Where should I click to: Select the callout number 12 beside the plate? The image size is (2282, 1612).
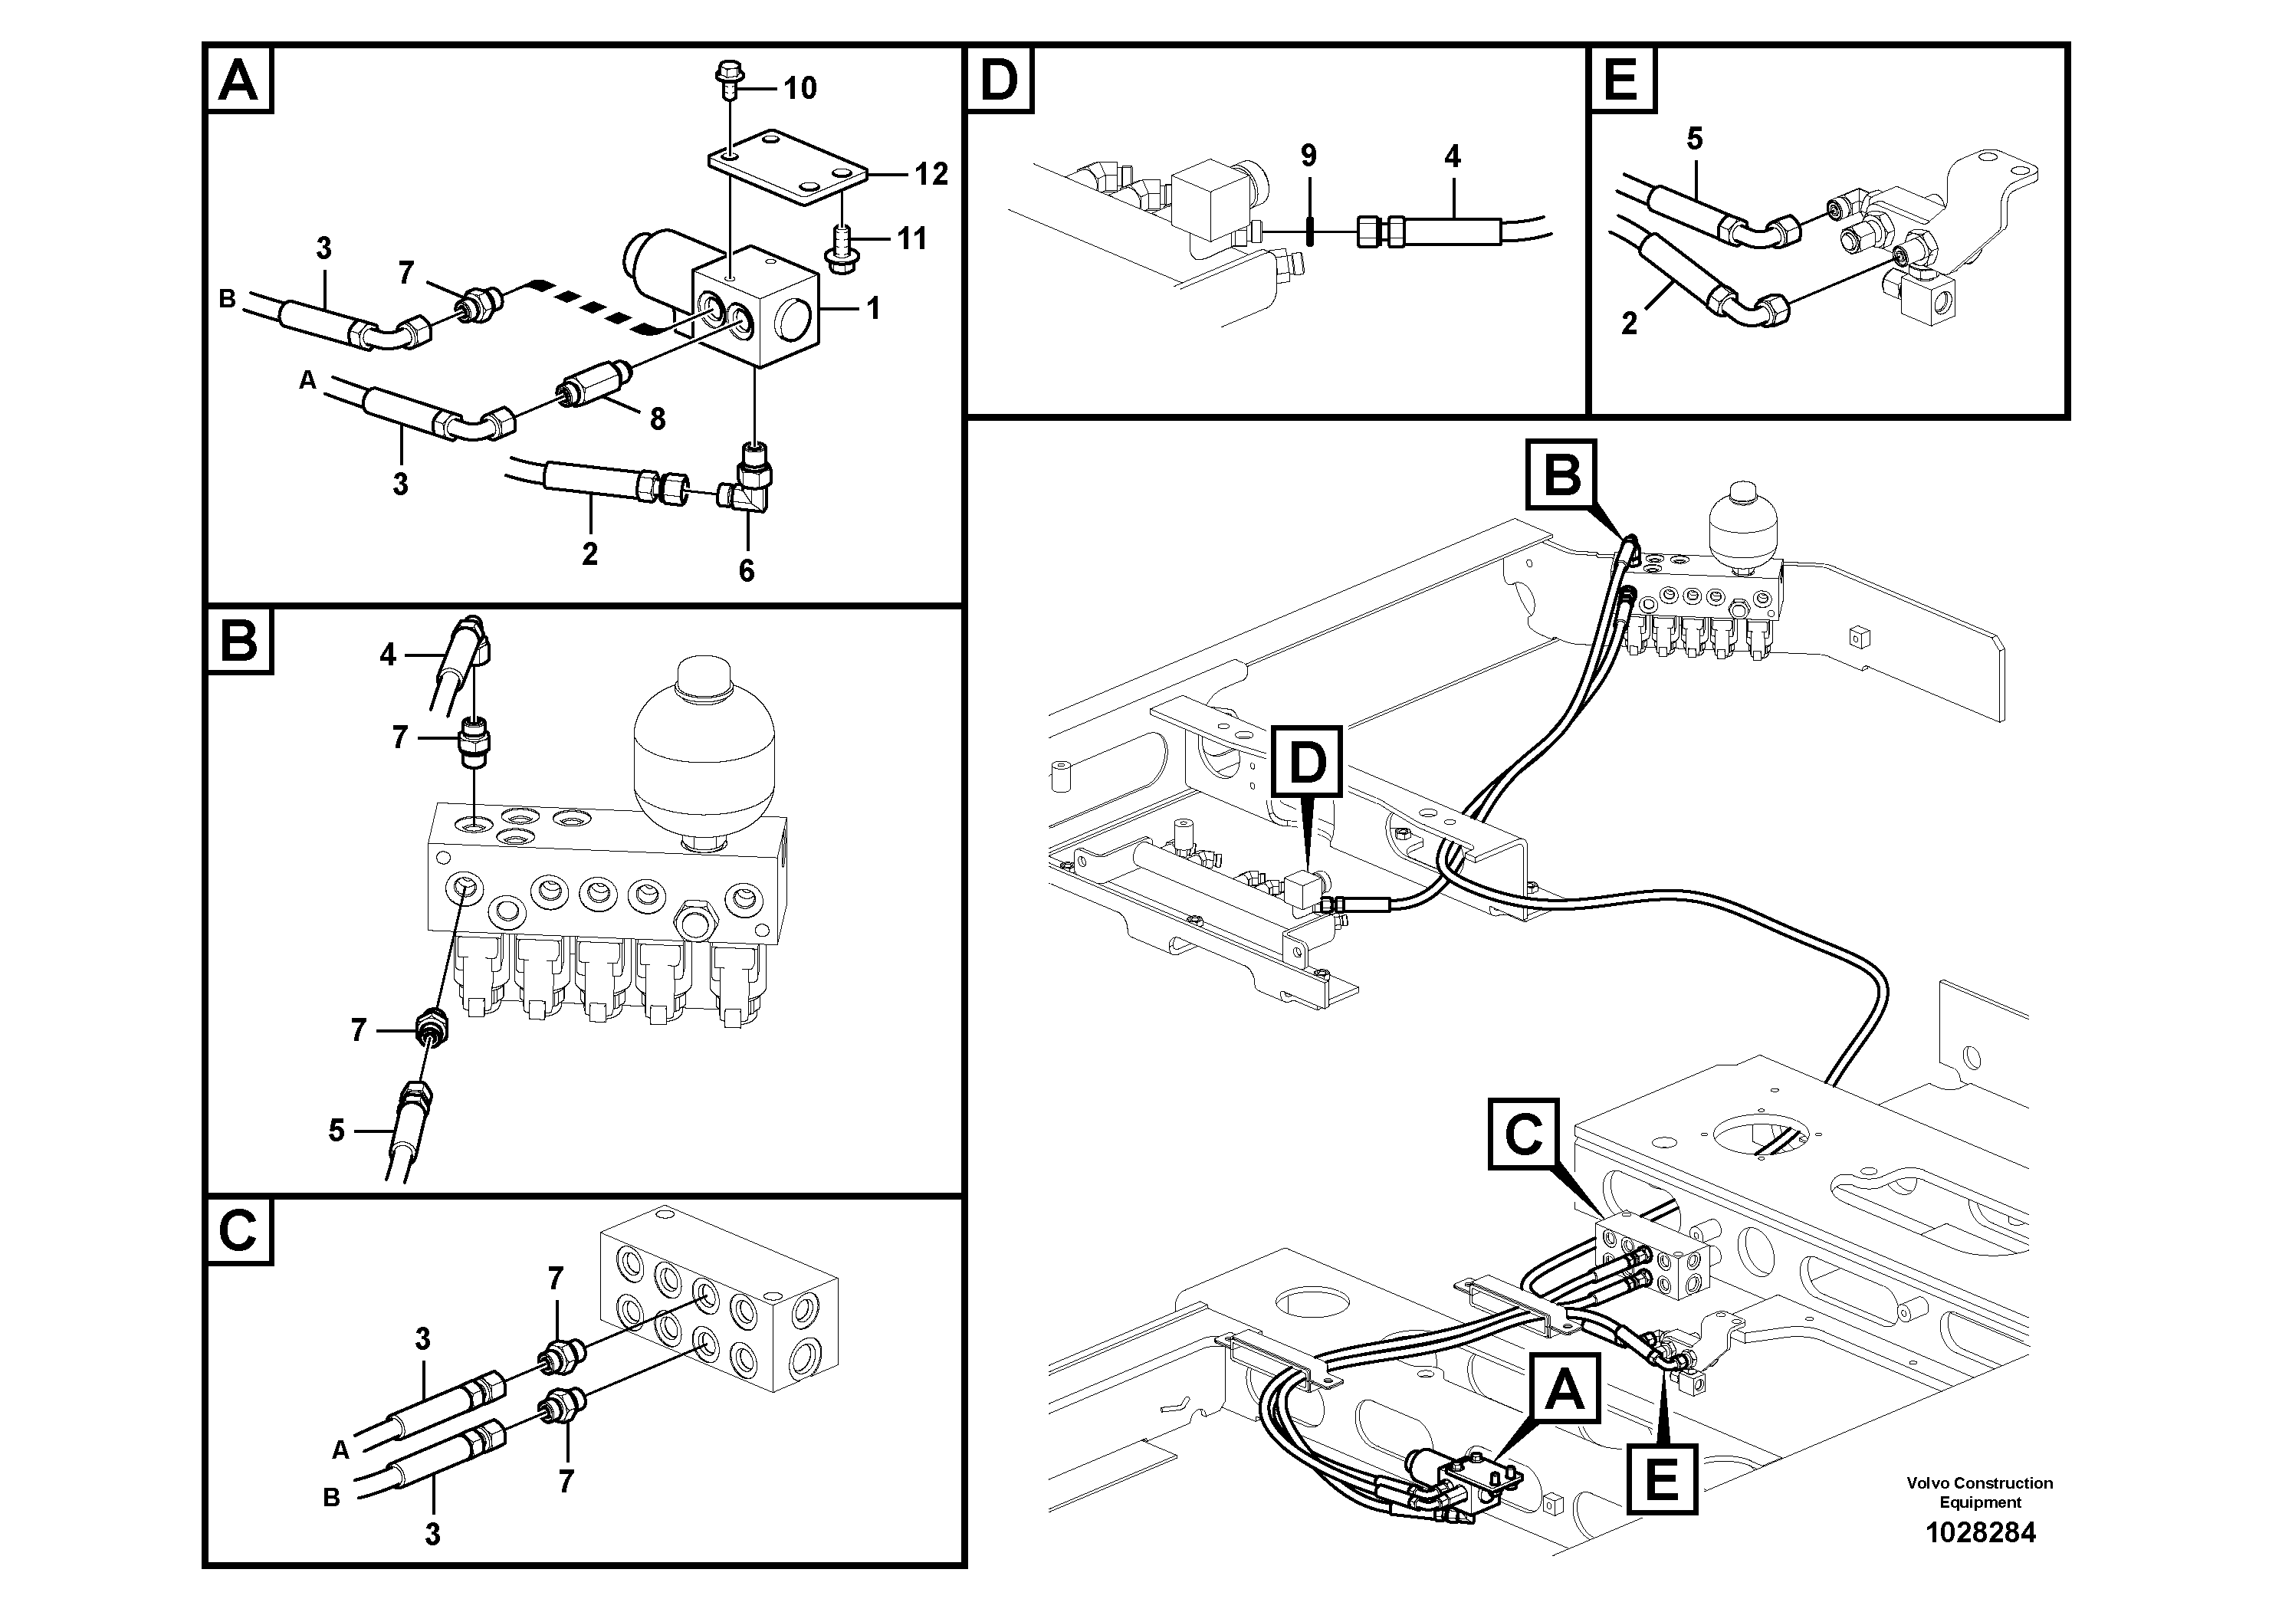click(x=931, y=175)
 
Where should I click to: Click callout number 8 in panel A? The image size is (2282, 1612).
click(x=657, y=419)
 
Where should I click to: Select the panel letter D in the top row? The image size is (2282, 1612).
click(x=999, y=80)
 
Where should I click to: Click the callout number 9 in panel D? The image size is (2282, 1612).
click(x=1308, y=156)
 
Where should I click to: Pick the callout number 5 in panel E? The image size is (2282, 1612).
click(x=1695, y=140)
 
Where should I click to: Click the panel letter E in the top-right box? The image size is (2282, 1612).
click(x=1622, y=80)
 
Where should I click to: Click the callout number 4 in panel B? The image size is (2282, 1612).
click(x=388, y=654)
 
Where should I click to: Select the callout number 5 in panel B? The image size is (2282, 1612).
click(x=336, y=1130)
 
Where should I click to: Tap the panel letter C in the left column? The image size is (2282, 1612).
click(x=238, y=1230)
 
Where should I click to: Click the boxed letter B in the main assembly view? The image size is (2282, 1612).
click(x=1561, y=475)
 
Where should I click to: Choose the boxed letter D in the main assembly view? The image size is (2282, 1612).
click(x=1307, y=762)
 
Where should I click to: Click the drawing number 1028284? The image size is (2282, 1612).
click(x=1980, y=1532)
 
